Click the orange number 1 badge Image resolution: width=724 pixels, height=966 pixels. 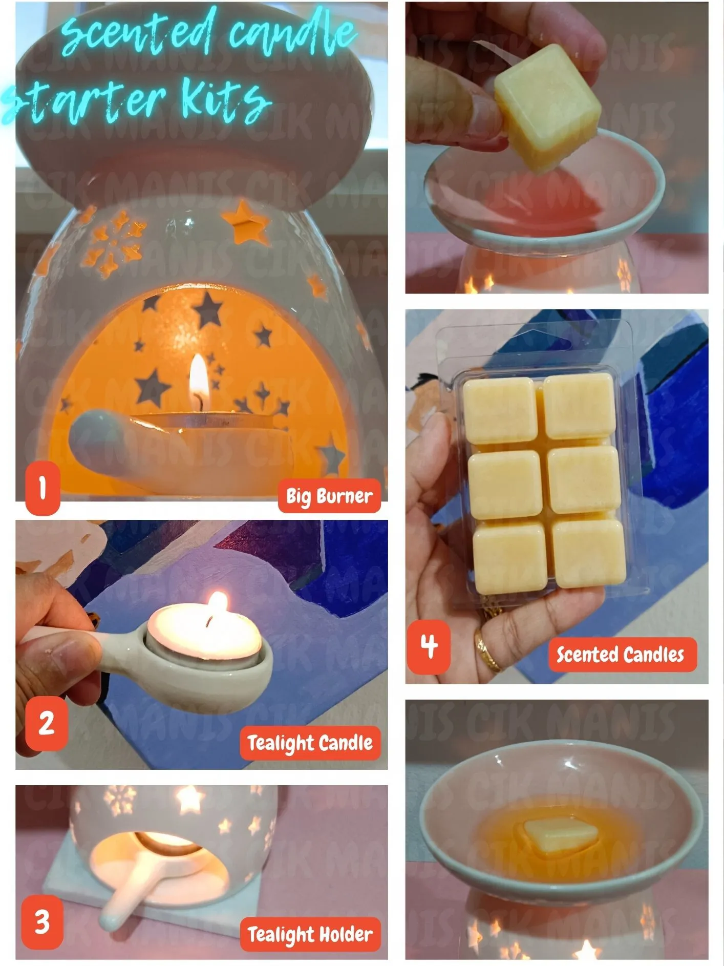coord(42,487)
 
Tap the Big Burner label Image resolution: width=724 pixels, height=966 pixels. coord(329,496)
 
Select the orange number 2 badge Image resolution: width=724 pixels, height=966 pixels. coord(46,723)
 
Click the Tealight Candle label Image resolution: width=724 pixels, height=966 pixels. coord(310,743)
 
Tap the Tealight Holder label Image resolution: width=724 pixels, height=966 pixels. coord(310,934)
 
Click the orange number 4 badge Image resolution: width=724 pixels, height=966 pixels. coord(429,646)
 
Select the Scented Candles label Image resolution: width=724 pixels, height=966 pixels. coord(620,655)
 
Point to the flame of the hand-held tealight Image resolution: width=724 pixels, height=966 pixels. coord(219,604)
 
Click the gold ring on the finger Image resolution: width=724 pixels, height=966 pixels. coord(487,652)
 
